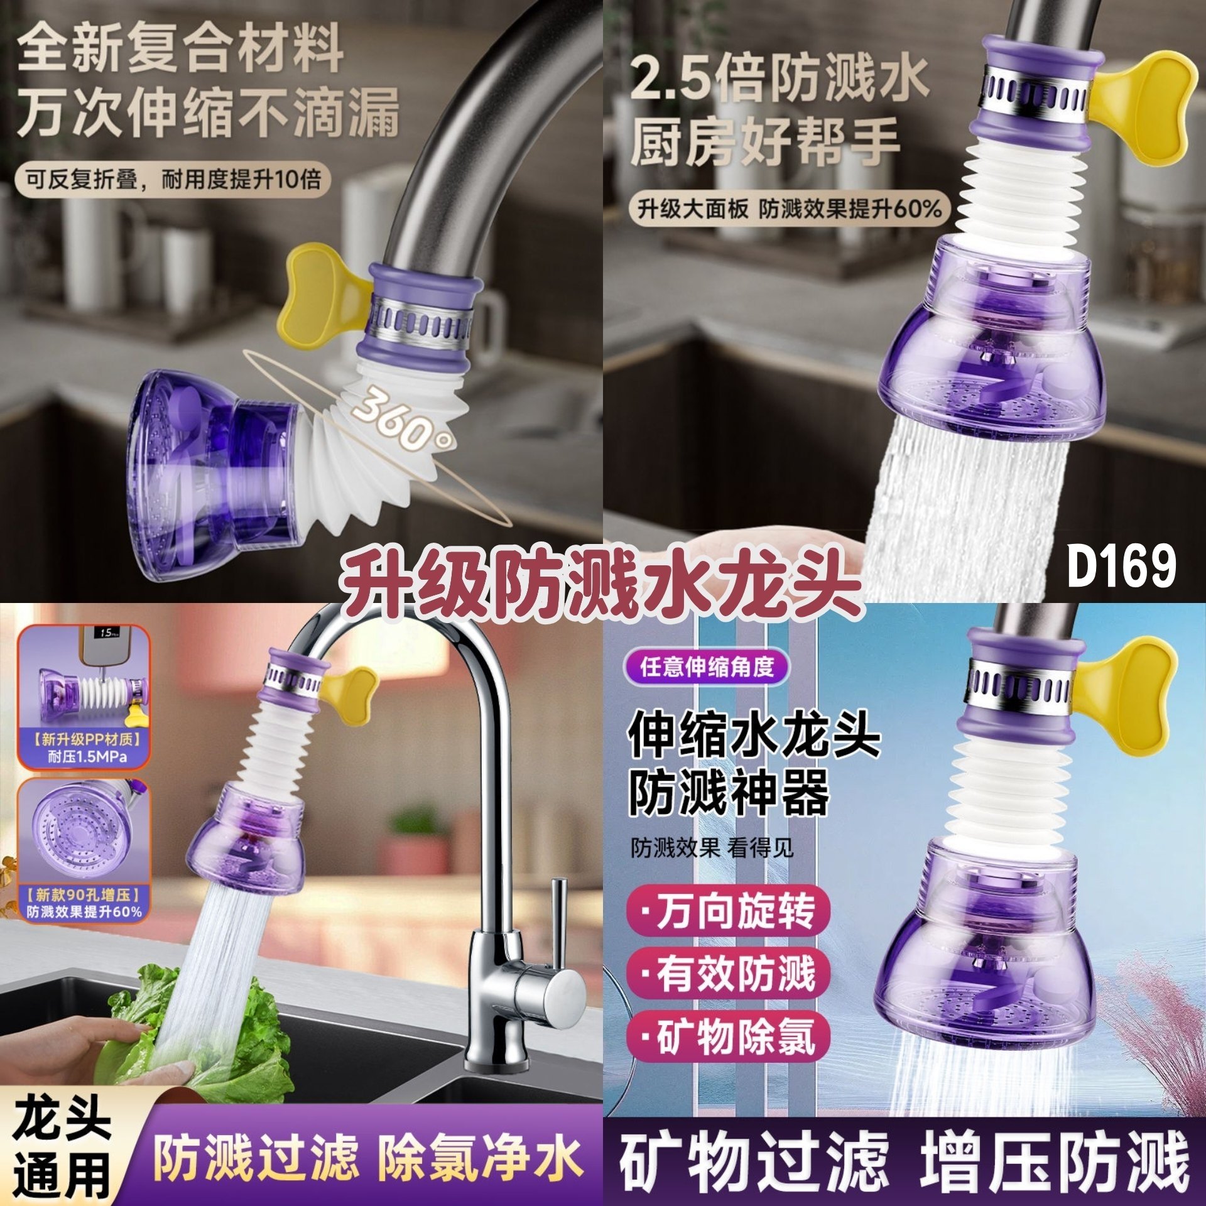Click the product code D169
(x=1121, y=566)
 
